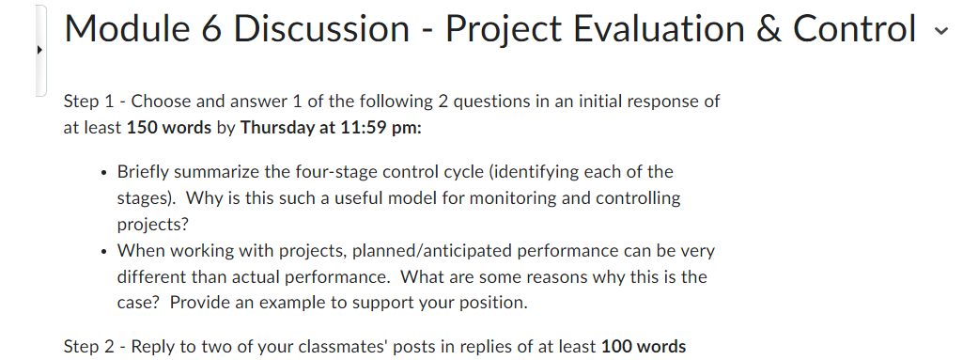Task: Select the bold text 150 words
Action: point(169,128)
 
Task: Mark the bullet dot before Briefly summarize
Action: point(101,173)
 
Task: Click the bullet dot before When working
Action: point(101,252)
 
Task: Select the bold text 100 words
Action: point(644,347)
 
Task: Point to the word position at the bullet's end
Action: point(494,303)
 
